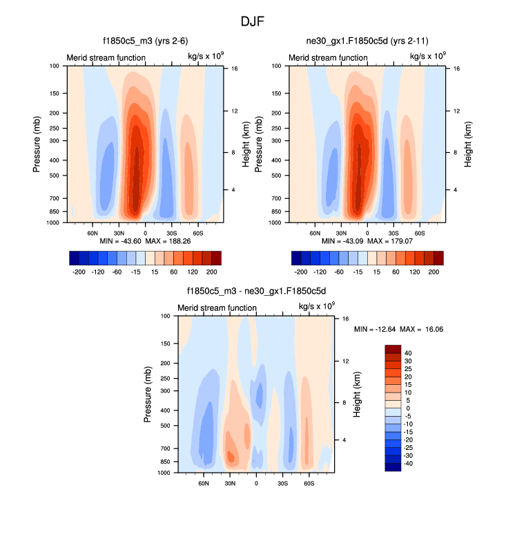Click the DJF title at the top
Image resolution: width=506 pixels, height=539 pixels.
point(253,21)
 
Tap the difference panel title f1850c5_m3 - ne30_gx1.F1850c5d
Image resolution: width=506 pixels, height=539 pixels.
point(257,292)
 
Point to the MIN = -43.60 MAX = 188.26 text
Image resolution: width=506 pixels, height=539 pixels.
point(145,240)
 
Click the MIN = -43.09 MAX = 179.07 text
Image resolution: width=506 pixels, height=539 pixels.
point(367,240)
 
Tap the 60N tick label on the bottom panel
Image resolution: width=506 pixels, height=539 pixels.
point(204,483)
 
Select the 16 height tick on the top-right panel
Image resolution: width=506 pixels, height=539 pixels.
point(447,69)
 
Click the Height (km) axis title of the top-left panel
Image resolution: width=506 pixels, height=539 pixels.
point(246,144)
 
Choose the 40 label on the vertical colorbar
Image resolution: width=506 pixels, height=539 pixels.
point(409,352)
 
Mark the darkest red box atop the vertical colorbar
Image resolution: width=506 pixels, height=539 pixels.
point(392,348)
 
